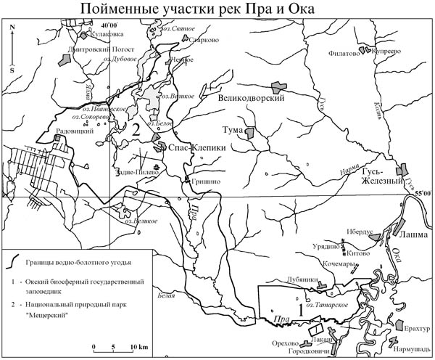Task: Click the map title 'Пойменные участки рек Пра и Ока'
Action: (x=217, y=9)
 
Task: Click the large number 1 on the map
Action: (x=295, y=297)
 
